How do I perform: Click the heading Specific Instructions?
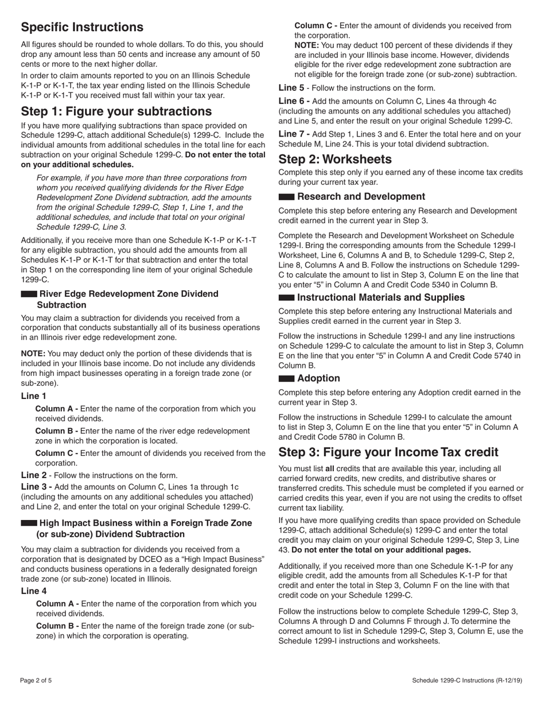click(x=82, y=28)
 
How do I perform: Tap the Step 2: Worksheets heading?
click(x=335, y=159)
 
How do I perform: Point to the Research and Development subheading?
click(x=361, y=197)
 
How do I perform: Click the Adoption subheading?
click(x=318, y=378)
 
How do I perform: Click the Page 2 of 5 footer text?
click(x=36, y=681)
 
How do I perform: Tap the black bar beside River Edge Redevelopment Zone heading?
click(x=29, y=294)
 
